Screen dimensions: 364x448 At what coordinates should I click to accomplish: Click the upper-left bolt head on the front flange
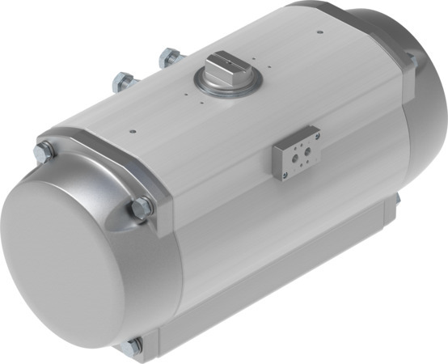44,150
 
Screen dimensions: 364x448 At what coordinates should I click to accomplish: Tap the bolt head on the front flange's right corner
141,207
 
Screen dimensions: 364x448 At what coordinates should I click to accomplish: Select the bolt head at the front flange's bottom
132,346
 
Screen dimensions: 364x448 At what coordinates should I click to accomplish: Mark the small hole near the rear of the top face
321,32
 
